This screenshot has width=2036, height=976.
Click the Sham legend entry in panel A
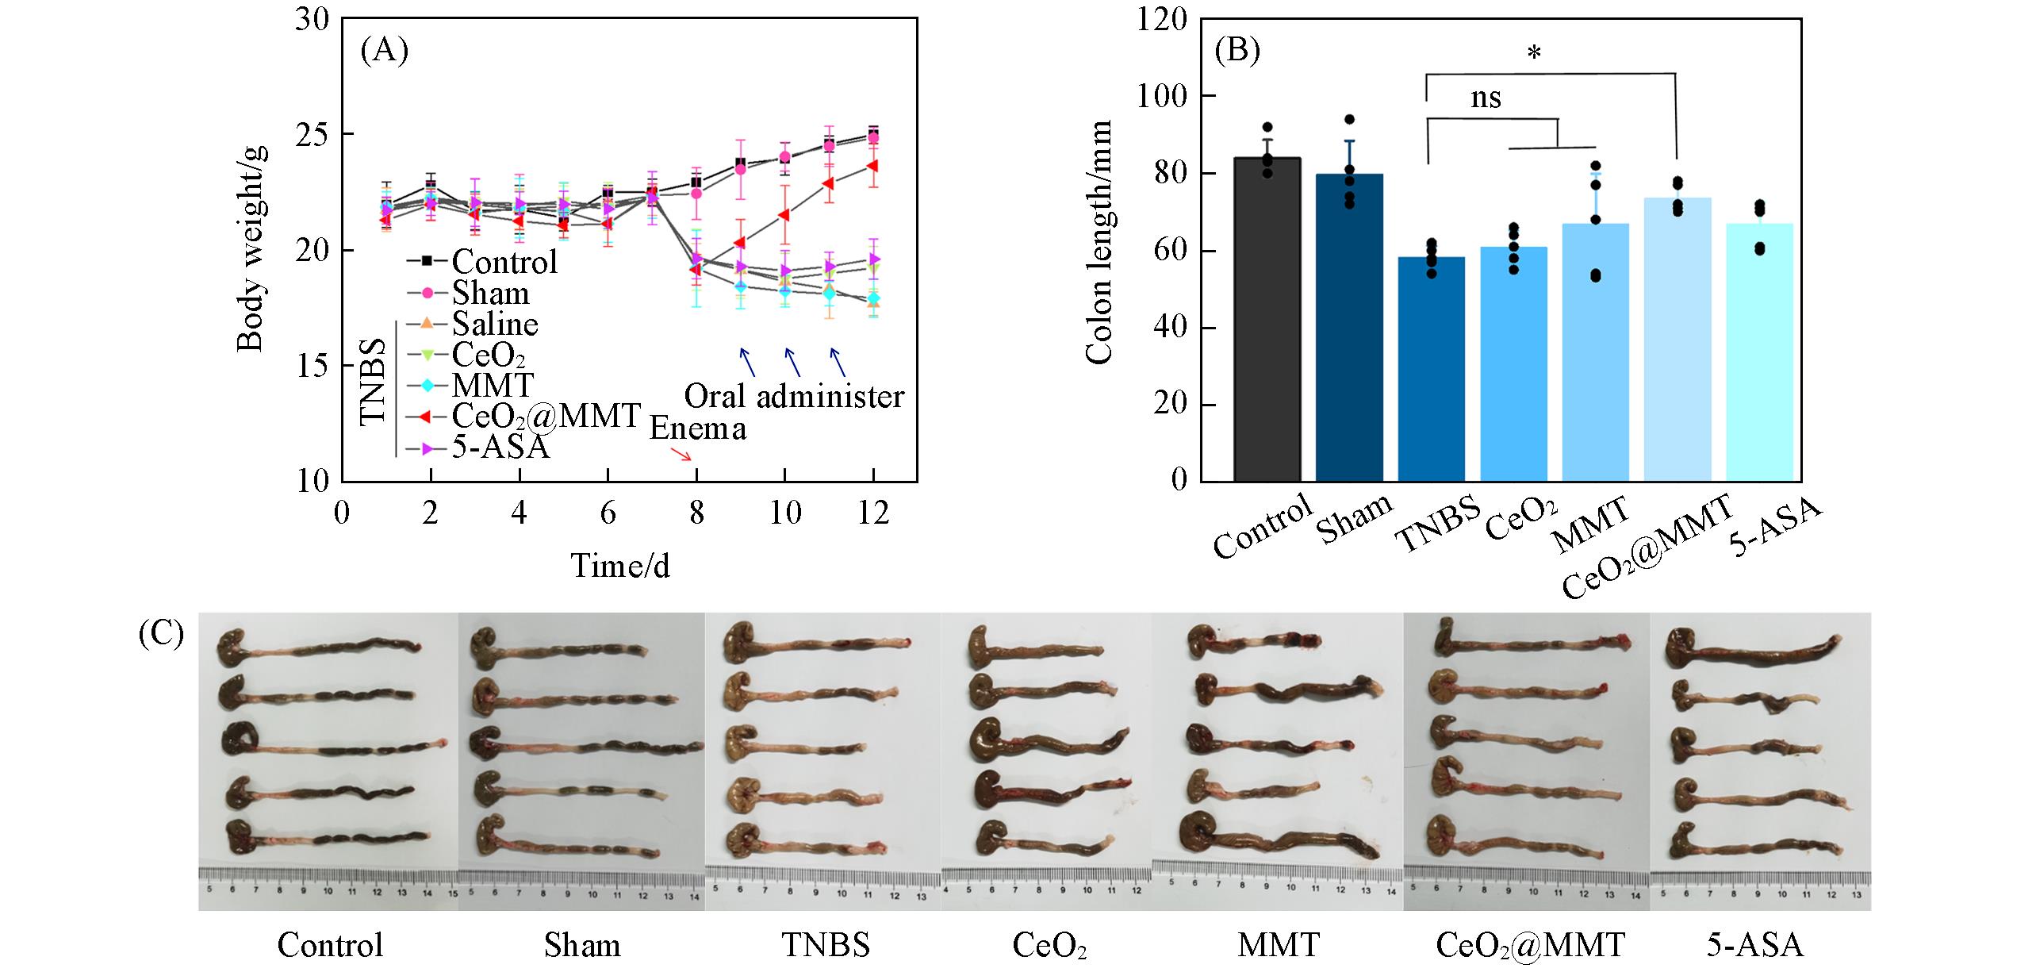tap(490, 294)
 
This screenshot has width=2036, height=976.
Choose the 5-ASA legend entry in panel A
tap(500, 448)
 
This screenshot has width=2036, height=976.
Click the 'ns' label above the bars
tap(1486, 98)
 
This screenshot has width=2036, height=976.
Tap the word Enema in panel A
tap(698, 428)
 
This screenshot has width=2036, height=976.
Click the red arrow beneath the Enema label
tap(681, 455)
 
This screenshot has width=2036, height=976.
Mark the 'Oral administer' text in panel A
tap(794, 396)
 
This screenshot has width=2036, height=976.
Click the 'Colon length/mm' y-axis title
tap(1099, 243)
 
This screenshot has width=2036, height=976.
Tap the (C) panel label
tap(161, 635)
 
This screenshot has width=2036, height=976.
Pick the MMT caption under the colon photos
tap(1278, 945)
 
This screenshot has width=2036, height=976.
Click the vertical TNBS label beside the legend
tap(374, 382)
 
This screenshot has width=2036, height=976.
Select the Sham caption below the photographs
tap(582, 945)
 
